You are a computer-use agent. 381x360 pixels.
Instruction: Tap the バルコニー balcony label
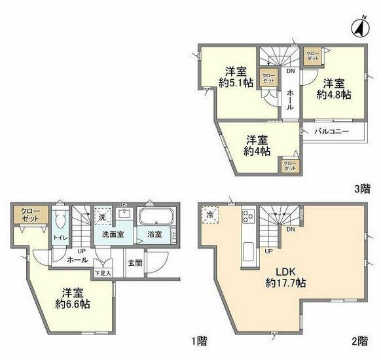point(330,131)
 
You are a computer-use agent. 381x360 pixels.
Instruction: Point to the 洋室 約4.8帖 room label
point(333,88)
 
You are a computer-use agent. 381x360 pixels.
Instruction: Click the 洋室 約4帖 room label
point(256,145)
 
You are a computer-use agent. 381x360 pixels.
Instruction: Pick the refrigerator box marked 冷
point(211,215)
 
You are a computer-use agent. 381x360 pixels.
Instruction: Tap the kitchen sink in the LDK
point(249,251)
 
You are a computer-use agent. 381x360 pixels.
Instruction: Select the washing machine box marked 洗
point(102,215)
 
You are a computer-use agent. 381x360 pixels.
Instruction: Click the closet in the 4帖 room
point(289,165)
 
